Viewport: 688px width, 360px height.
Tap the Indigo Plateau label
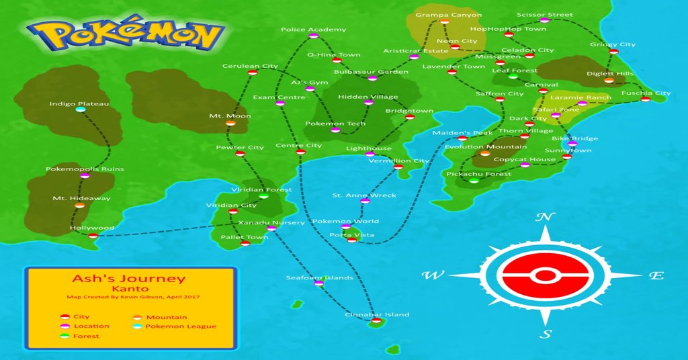pyautogui.click(x=79, y=104)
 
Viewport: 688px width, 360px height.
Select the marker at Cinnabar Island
pyautogui.click(x=376, y=321)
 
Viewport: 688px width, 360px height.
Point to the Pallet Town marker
pyautogui.click(x=245, y=243)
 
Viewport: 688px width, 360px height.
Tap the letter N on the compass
pyautogui.click(x=545, y=217)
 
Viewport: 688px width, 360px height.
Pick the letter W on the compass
pyautogui.click(x=432, y=275)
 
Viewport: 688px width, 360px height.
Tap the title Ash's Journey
pyautogui.click(x=128, y=279)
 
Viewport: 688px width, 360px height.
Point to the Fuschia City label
pyautogui.click(x=646, y=93)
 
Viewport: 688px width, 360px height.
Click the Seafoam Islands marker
pyautogui.click(x=318, y=284)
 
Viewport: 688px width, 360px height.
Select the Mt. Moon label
pyautogui.click(x=230, y=116)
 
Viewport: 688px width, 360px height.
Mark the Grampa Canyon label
pyautogui.click(x=448, y=15)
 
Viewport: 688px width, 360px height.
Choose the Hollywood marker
pyautogui.click(x=93, y=235)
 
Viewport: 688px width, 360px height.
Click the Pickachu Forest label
pyautogui.click(x=478, y=174)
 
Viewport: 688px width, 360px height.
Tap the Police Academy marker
pyautogui.click(x=313, y=36)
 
